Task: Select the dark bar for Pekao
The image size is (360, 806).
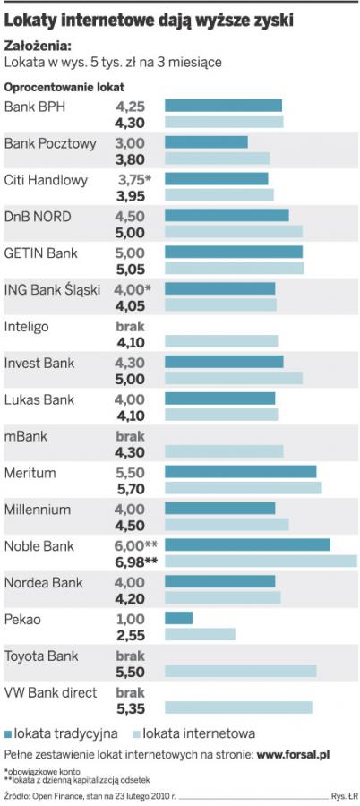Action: tap(178, 617)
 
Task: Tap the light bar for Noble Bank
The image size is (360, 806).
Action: tap(261, 561)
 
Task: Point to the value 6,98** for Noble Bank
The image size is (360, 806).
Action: tap(136, 561)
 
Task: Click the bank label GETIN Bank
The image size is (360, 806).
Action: tap(41, 253)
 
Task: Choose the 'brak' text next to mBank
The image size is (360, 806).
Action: tap(131, 436)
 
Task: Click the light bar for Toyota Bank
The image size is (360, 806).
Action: tap(241, 671)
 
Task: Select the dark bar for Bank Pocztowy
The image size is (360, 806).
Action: tap(206, 141)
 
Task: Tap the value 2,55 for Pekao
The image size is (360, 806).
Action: tap(131, 634)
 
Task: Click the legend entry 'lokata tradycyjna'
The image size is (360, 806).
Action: tap(61, 733)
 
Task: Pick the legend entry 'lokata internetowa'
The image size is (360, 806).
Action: tap(194, 733)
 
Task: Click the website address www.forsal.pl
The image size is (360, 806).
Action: tap(293, 755)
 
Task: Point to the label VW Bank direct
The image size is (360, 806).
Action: tap(50, 692)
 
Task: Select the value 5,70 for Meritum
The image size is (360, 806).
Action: tap(131, 488)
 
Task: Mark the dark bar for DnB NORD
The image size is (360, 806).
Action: tap(227, 215)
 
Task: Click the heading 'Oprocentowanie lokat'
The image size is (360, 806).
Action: tap(64, 87)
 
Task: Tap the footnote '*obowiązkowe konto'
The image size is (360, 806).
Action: tap(39, 771)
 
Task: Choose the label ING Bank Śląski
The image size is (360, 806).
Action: tap(52, 290)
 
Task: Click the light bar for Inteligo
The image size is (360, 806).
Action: tap(221, 341)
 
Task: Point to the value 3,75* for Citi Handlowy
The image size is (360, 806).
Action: tap(134, 180)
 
